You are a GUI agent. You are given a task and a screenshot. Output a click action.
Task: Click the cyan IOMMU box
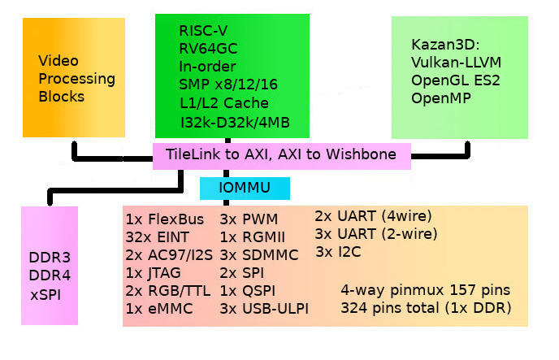245,189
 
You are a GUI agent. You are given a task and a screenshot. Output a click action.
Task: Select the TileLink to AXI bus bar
282,154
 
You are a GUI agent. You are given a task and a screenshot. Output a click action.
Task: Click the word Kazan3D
440,44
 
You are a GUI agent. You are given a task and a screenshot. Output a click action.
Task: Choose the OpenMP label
442,98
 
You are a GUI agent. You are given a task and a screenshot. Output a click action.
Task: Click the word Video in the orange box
57,61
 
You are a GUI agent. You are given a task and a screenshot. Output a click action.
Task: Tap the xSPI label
45,293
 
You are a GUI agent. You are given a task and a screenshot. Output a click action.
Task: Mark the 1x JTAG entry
154,272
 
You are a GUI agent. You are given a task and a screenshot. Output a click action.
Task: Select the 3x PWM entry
249,219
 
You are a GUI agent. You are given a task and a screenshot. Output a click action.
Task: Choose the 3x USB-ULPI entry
265,309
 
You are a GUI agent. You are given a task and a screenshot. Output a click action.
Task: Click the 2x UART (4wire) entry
373,216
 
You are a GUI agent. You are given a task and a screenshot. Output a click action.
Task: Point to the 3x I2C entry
339,252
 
